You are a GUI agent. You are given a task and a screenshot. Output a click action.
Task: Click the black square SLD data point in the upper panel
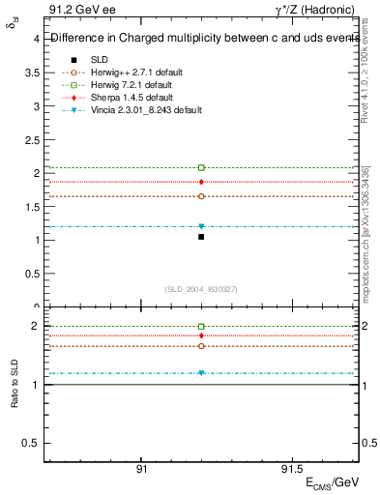pos(201,237)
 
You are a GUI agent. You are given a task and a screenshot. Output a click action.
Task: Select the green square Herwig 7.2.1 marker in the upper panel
pos(201,168)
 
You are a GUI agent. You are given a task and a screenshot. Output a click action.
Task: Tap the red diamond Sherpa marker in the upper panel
pos(201,182)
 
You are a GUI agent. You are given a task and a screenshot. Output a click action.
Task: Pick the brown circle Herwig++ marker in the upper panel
pos(201,196)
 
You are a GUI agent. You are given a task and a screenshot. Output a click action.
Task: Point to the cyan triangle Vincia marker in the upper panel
pos(201,226)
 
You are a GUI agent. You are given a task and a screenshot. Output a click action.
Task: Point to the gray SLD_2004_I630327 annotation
pos(201,289)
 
